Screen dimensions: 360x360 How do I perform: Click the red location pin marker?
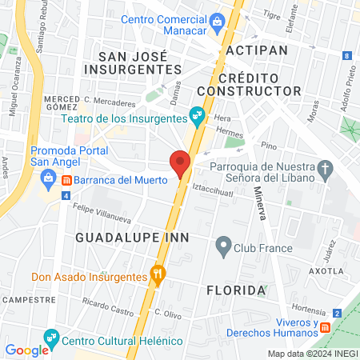pos(181,163)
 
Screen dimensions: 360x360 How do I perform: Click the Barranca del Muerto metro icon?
pos(67,180)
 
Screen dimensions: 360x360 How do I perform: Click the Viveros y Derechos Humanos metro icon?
pos(326,327)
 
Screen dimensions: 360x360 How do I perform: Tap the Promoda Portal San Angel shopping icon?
pos(48,176)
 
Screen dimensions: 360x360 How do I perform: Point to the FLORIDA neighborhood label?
pos(236,289)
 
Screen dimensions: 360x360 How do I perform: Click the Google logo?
pos(26,350)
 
